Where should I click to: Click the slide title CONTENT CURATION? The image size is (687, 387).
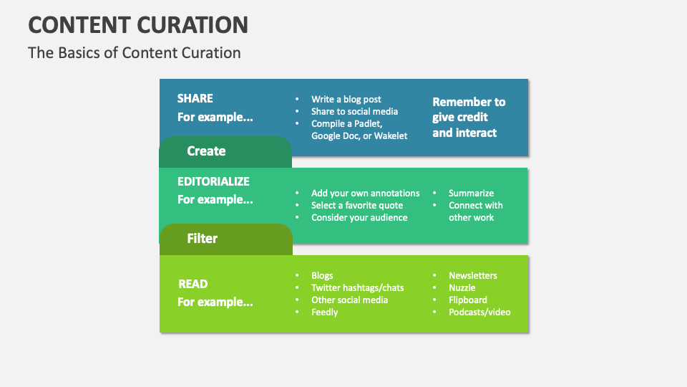[138, 24]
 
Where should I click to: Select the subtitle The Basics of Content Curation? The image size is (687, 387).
[135, 53]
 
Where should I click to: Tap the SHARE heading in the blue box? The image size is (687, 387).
[195, 98]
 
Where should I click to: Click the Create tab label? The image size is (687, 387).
[206, 151]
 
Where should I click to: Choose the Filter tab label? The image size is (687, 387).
[203, 239]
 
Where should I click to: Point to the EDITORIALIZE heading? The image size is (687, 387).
[213, 181]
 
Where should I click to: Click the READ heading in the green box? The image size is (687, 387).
[193, 284]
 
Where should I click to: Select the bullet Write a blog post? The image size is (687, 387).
[346, 100]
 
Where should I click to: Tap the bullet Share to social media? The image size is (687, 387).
[354, 112]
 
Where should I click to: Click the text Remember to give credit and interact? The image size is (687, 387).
[469, 117]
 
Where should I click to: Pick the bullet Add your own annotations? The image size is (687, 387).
[365, 193]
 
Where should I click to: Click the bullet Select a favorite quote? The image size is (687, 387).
[356, 206]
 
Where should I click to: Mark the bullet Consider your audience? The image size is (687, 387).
[359, 218]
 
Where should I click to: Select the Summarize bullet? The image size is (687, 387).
[471, 193]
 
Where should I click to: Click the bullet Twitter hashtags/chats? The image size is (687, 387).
[357, 288]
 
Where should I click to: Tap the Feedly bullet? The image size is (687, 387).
[324, 312]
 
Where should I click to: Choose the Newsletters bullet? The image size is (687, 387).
[472, 276]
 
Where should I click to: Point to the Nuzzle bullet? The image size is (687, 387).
[462, 288]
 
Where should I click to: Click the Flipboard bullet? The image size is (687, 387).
[467, 300]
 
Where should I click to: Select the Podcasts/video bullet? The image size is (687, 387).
[479, 312]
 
